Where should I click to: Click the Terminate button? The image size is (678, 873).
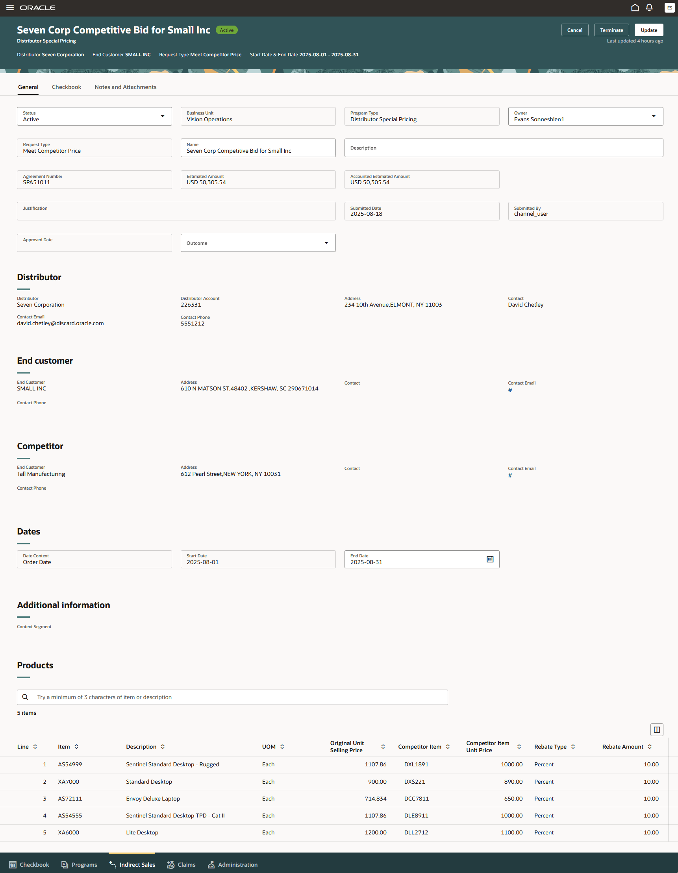click(x=611, y=30)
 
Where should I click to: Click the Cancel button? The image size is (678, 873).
click(x=574, y=30)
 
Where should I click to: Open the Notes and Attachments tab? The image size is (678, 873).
click(x=126, y=87)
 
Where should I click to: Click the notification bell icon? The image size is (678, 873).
click(x=649, y=7)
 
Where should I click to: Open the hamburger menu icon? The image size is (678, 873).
click(x=10, y=7)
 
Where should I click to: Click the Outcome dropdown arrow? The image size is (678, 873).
click(x=326, y=243)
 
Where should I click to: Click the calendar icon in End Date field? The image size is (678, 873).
click(x=490, y=559)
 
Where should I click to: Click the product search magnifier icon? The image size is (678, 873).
click(x=25, y=697)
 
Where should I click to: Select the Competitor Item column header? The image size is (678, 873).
click(x=419, y=747)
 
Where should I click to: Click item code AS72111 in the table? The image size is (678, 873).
click(x=70, y=799)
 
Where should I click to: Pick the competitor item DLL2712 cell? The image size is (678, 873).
click(x=416, y=832)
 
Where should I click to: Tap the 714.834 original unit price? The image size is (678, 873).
click(x=375, y=799)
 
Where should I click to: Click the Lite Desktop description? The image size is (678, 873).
click(x=142, y=832)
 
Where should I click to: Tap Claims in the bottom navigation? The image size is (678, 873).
click(x=182, y=865)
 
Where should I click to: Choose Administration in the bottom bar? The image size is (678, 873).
click(x=233, y=865)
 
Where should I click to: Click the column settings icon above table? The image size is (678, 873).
click(x=657, y=729)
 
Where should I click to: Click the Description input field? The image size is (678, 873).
click(x=503, y=148)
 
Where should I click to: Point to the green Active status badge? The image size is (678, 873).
click(x=227, y=30)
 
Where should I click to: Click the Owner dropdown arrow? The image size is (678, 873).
click(x=654, y=117)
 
